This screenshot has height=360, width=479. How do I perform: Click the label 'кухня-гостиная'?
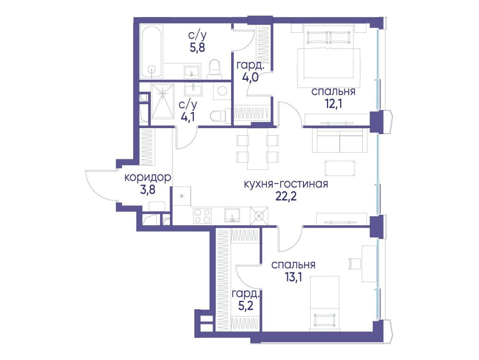point(286,184)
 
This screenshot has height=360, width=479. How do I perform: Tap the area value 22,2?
point(286,197)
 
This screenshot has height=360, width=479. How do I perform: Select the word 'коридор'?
point(148,178)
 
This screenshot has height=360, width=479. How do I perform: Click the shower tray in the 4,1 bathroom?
point(162,101)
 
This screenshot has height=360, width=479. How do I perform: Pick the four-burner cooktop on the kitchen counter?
point(202,216)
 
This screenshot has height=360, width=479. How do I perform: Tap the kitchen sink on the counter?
point(232,215)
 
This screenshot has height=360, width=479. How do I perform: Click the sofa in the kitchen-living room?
point(340,140)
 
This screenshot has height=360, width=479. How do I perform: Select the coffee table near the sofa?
point(340,168)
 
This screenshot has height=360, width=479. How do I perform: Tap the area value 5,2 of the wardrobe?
point(245,306)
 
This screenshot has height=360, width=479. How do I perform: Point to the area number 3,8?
point(148,190)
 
